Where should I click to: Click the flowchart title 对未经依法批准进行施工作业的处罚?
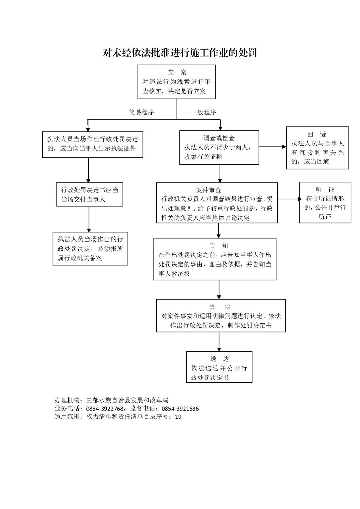click(x=179, y=53)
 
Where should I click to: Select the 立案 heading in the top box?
click(x=177, y=72)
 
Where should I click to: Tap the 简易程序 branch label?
click(x=141, y=112)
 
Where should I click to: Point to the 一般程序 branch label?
click(x=204, y=112)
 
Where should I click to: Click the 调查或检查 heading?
click(x=219, y=138)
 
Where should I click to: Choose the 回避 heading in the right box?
click(x=317, y=134)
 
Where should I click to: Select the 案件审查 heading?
click(x=208, y=190)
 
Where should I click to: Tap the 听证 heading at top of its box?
click(x=325, y=190)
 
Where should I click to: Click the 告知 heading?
click(x=219, y=246)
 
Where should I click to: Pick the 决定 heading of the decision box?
click(x=220, y=307)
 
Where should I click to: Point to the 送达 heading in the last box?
click(x=219, y=359)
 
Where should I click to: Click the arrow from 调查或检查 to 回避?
click(x=273, y=147)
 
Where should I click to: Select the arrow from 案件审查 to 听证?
click(x=290, y=199)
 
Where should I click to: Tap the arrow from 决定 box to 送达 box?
click(x=219, y=342)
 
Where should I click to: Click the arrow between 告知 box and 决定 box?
click(x=219, y=290)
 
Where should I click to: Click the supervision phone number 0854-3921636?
click(x=180, y=409)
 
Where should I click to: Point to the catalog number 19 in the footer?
click(x=178, y=417)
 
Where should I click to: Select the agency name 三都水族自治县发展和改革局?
click(x=127, y=400)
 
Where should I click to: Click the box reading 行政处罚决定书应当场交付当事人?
click(x=89, y=194)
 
